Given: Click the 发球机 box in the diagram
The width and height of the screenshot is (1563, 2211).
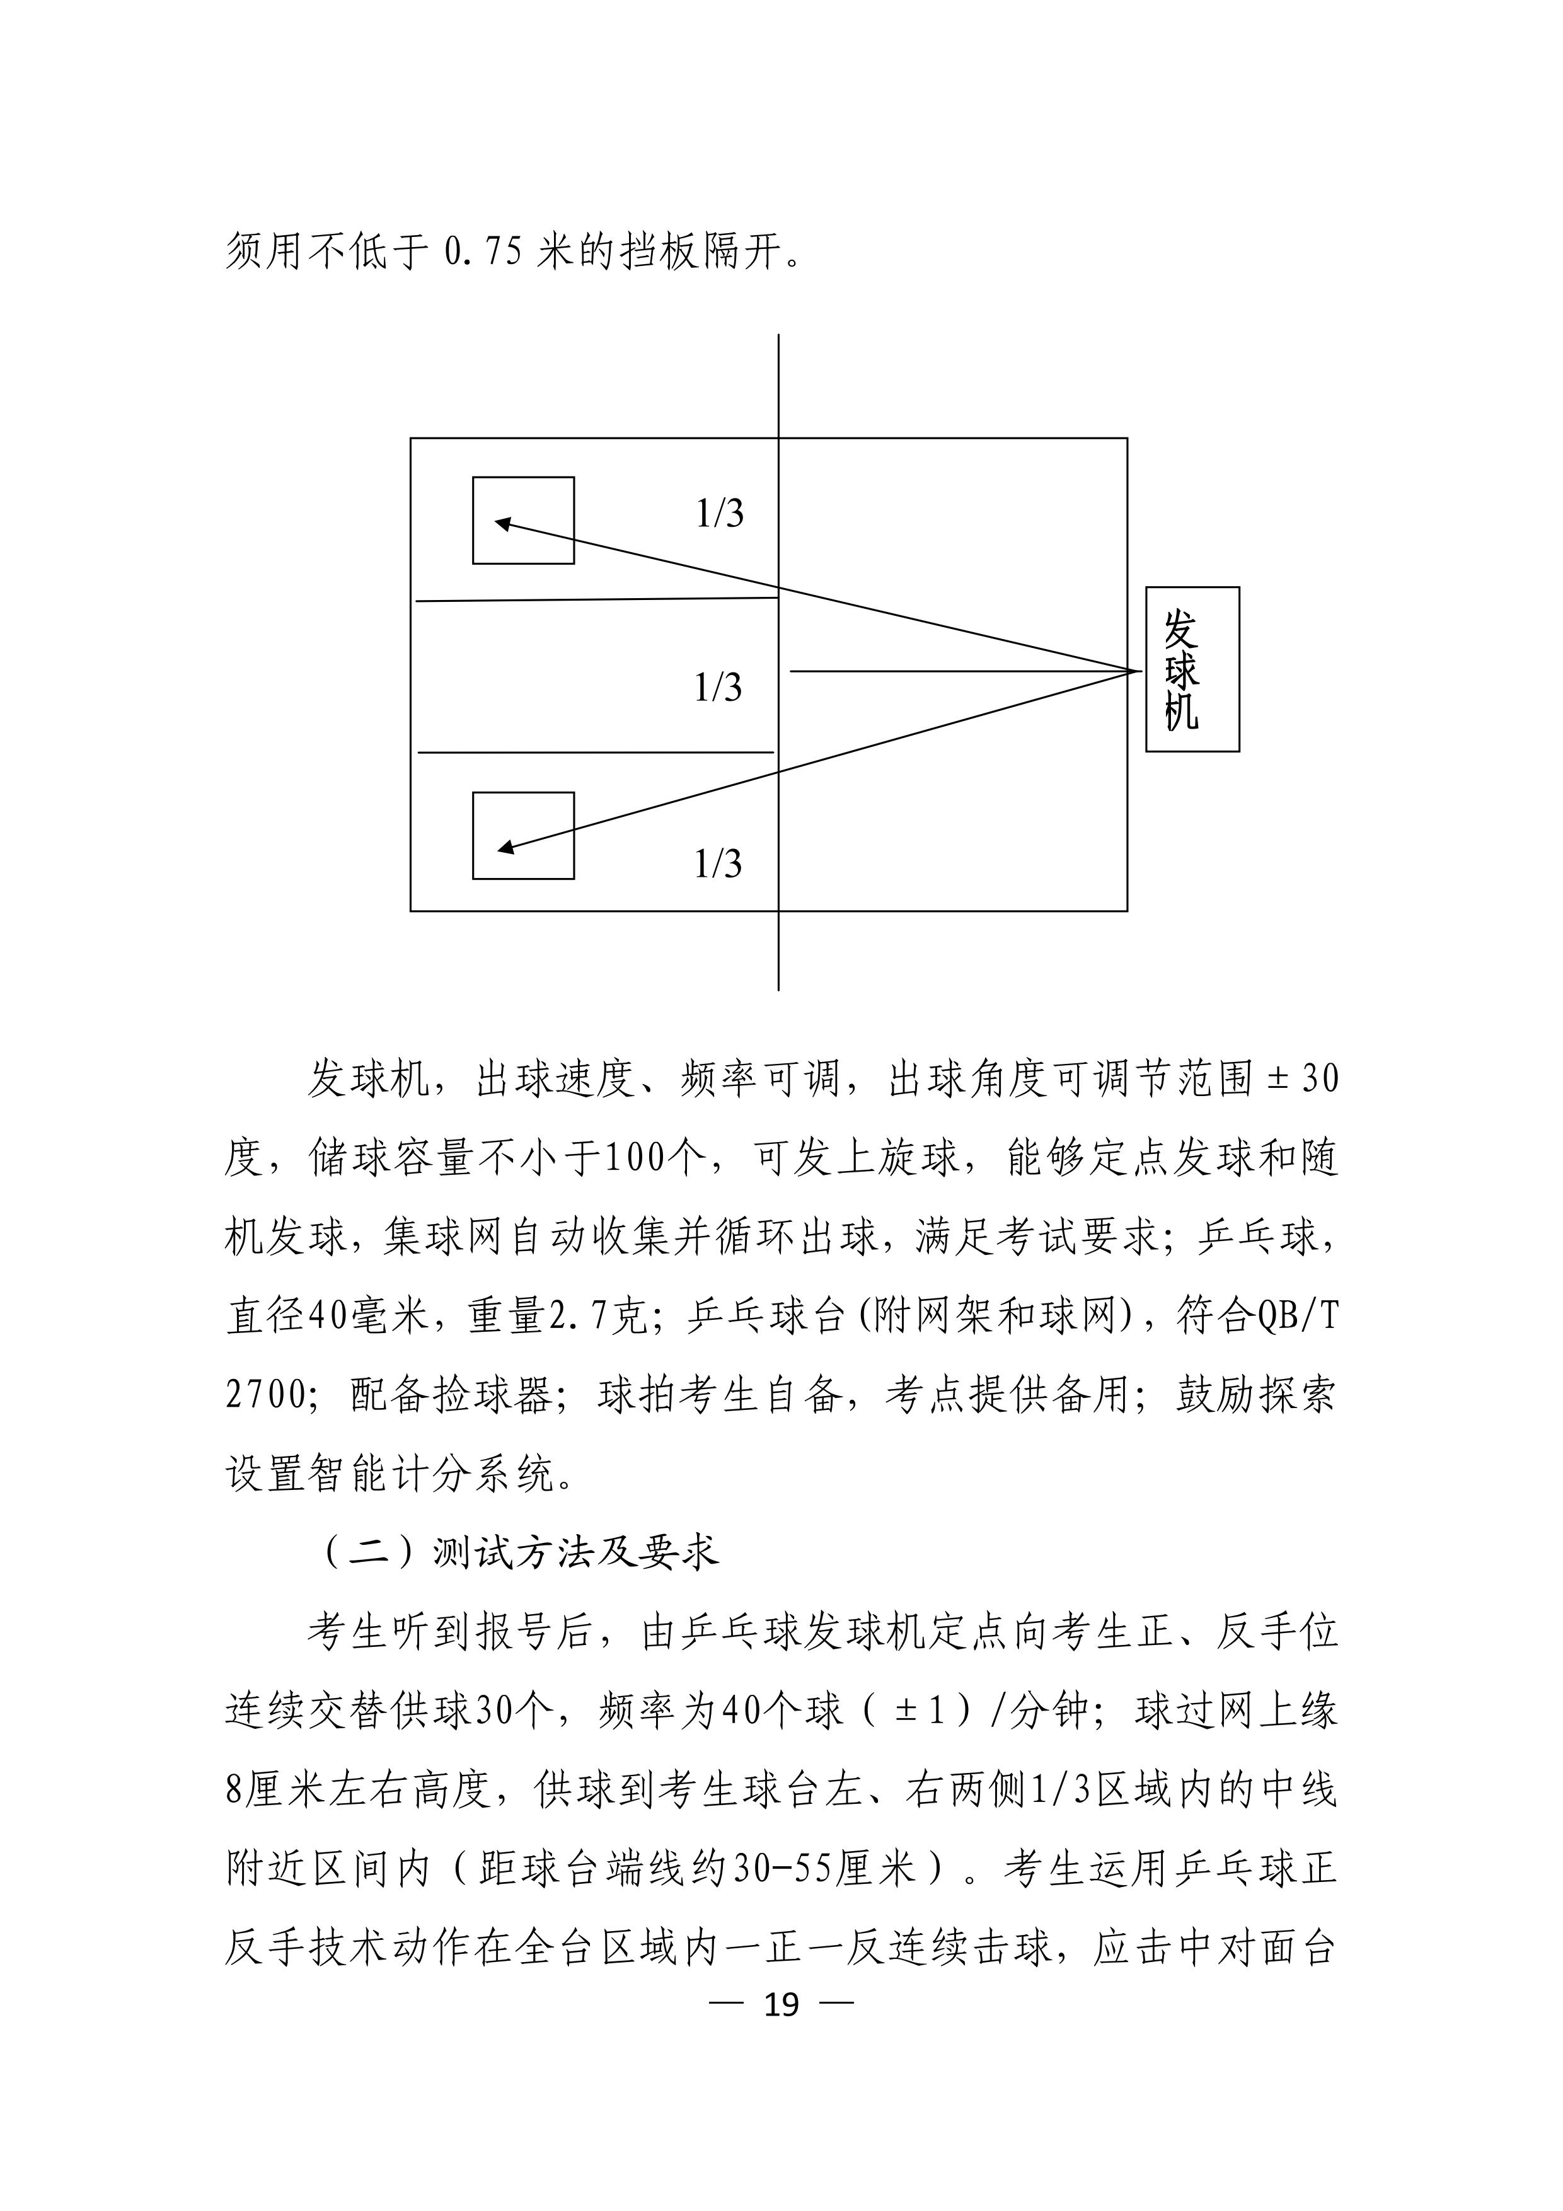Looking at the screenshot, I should (1191, 669).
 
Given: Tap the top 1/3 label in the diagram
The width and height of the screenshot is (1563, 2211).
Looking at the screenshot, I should (719, 514).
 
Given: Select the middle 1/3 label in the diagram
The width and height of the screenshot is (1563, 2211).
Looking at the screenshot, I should (718, 688).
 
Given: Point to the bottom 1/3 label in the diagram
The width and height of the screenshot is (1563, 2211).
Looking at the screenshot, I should (718, 864).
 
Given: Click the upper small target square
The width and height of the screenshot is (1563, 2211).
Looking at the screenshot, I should (523, 520).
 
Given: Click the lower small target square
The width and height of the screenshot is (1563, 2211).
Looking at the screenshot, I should (523, 835).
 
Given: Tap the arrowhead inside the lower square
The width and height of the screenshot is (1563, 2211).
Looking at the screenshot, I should (505, 848).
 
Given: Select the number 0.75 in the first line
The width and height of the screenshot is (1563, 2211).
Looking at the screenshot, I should (483, 252).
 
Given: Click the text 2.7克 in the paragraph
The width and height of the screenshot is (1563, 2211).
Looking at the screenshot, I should (598, 1315).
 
